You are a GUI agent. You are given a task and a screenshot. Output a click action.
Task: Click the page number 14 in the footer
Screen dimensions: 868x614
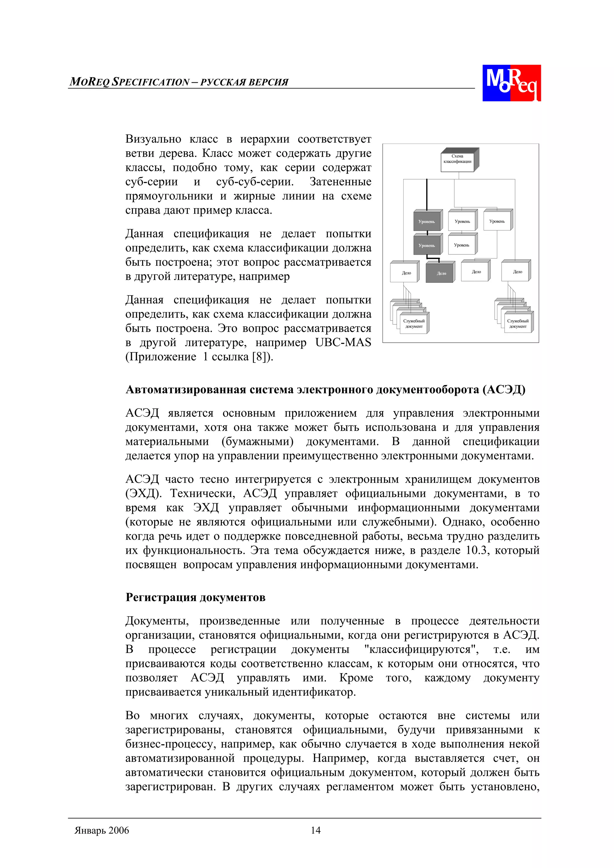coord(315,830)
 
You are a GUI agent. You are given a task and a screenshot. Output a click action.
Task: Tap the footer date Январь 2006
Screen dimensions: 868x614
coord(102,831)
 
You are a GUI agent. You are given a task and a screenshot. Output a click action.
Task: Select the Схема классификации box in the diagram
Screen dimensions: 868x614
coord(458,159)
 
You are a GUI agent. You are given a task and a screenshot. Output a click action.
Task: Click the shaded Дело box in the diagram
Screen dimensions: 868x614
coord(440,273)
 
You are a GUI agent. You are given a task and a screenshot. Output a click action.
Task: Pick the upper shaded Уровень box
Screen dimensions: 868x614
coord(427,221)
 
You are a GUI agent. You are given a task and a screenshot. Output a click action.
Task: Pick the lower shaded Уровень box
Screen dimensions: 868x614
coord(427,245)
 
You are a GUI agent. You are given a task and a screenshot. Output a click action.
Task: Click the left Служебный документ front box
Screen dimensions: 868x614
coord(413,324)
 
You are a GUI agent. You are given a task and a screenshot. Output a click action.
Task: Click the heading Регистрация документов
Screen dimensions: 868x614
coord(195,597)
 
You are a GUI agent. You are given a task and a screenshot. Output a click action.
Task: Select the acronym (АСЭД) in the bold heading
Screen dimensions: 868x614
coord(504,390)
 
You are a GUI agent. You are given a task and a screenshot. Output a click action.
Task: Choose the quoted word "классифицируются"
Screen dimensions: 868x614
coord(421,650)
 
